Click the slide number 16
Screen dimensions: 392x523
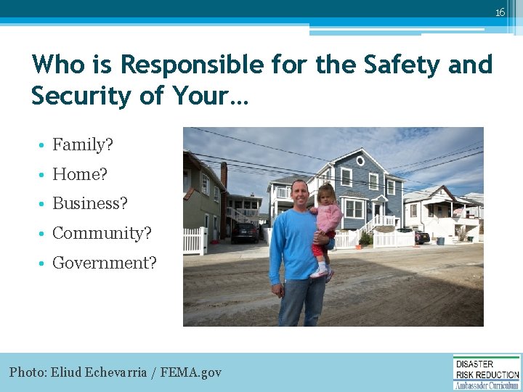(500, 12)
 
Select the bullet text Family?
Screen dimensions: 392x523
(83, 145)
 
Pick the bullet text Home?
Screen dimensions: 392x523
(80, 174)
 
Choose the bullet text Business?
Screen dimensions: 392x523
(90, 204)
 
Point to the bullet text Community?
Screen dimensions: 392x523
(102, 234)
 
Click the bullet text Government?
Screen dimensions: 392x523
(105, 264)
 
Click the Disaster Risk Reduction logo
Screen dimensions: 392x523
(487, 372)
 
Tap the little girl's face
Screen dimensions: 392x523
(324, 195)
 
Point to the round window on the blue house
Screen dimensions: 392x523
(357, 158)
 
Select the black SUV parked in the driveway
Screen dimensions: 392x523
(244, 232)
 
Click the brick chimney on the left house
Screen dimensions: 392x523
(224, 175)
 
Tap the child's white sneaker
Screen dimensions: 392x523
(319, 273)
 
